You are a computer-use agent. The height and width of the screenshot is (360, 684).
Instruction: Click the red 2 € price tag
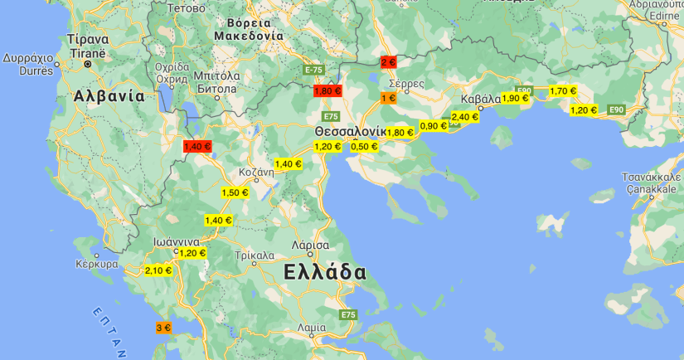[x=388, y=62]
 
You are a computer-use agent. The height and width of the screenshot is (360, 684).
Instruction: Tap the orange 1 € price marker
[x=388, y=98]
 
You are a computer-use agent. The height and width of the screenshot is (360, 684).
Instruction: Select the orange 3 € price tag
[x=163, y=328]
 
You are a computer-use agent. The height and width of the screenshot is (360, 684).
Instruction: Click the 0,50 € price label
[x=364, y=146]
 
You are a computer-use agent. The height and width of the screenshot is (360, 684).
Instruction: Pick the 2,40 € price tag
[x=464, y=117]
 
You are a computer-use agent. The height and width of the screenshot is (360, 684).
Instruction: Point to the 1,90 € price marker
[x=515, y=98]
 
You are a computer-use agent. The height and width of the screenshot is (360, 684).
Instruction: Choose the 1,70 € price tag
[x=563, y=90]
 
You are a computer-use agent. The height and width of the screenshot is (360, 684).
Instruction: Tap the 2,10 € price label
[x=158, y=270]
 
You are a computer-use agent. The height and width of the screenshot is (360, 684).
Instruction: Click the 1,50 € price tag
[x=235, y=192]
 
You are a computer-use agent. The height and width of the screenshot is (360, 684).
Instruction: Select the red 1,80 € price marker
[x=327, y=91]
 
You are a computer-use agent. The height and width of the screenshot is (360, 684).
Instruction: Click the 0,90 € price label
[x=433, y=126]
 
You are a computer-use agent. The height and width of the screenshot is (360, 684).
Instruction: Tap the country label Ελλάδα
[x=324, y=272]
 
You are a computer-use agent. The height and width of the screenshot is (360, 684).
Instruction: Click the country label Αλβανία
[x=109, y=95]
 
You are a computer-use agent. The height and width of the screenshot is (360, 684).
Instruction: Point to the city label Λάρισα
[x=311, y=246]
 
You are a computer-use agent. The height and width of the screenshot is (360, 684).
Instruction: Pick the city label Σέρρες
[x=406, y=84]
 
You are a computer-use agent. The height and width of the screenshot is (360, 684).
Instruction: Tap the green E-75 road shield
[x=313, y=70]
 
